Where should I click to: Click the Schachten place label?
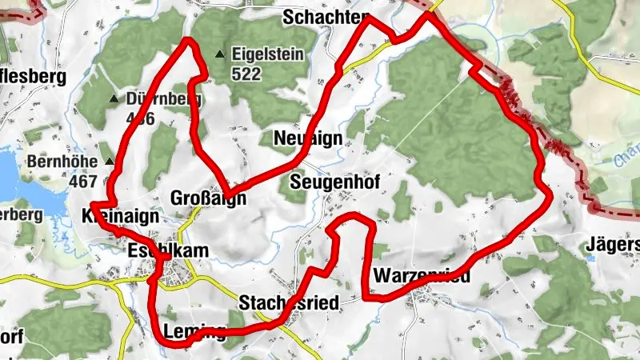pos(325,18)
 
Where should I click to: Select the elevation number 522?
pos(248,73)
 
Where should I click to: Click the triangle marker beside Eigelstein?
pos(219,54)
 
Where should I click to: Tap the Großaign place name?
pos(209,198)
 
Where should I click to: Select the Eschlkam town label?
pos(167,250)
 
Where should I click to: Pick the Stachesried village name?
pos(289,302)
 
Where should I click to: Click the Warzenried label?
pos(421,276)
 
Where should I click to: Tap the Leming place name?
pos(194,331)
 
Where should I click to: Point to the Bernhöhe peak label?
pos(62,162)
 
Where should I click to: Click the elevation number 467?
pos(83,181)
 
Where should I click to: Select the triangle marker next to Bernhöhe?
pos(110,162)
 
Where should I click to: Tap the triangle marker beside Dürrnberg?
pos(114,99)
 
